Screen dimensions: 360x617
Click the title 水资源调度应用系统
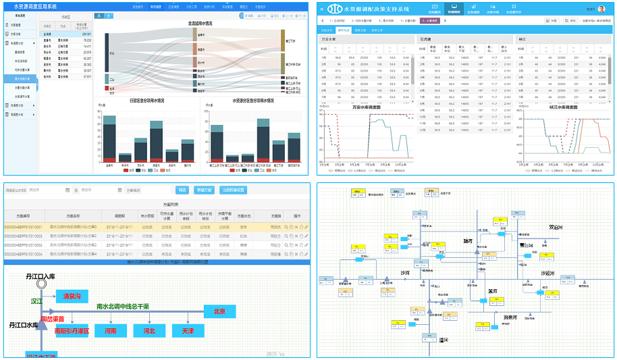pos(35,6)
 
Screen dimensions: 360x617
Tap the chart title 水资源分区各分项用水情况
pos(253,101)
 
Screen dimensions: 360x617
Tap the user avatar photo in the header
pos(601,9)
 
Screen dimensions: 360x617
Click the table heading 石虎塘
pos(425,40)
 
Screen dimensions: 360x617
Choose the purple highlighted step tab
pos(430,21)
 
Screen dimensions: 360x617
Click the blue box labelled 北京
pos(219,311)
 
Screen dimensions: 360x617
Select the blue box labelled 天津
pos(183,332)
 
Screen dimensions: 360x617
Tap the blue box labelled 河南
pos(105,332)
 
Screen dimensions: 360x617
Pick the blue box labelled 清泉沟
pos(72,297)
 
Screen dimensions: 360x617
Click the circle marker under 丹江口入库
pos(41,284)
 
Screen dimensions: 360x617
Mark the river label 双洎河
pos(555,228)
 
